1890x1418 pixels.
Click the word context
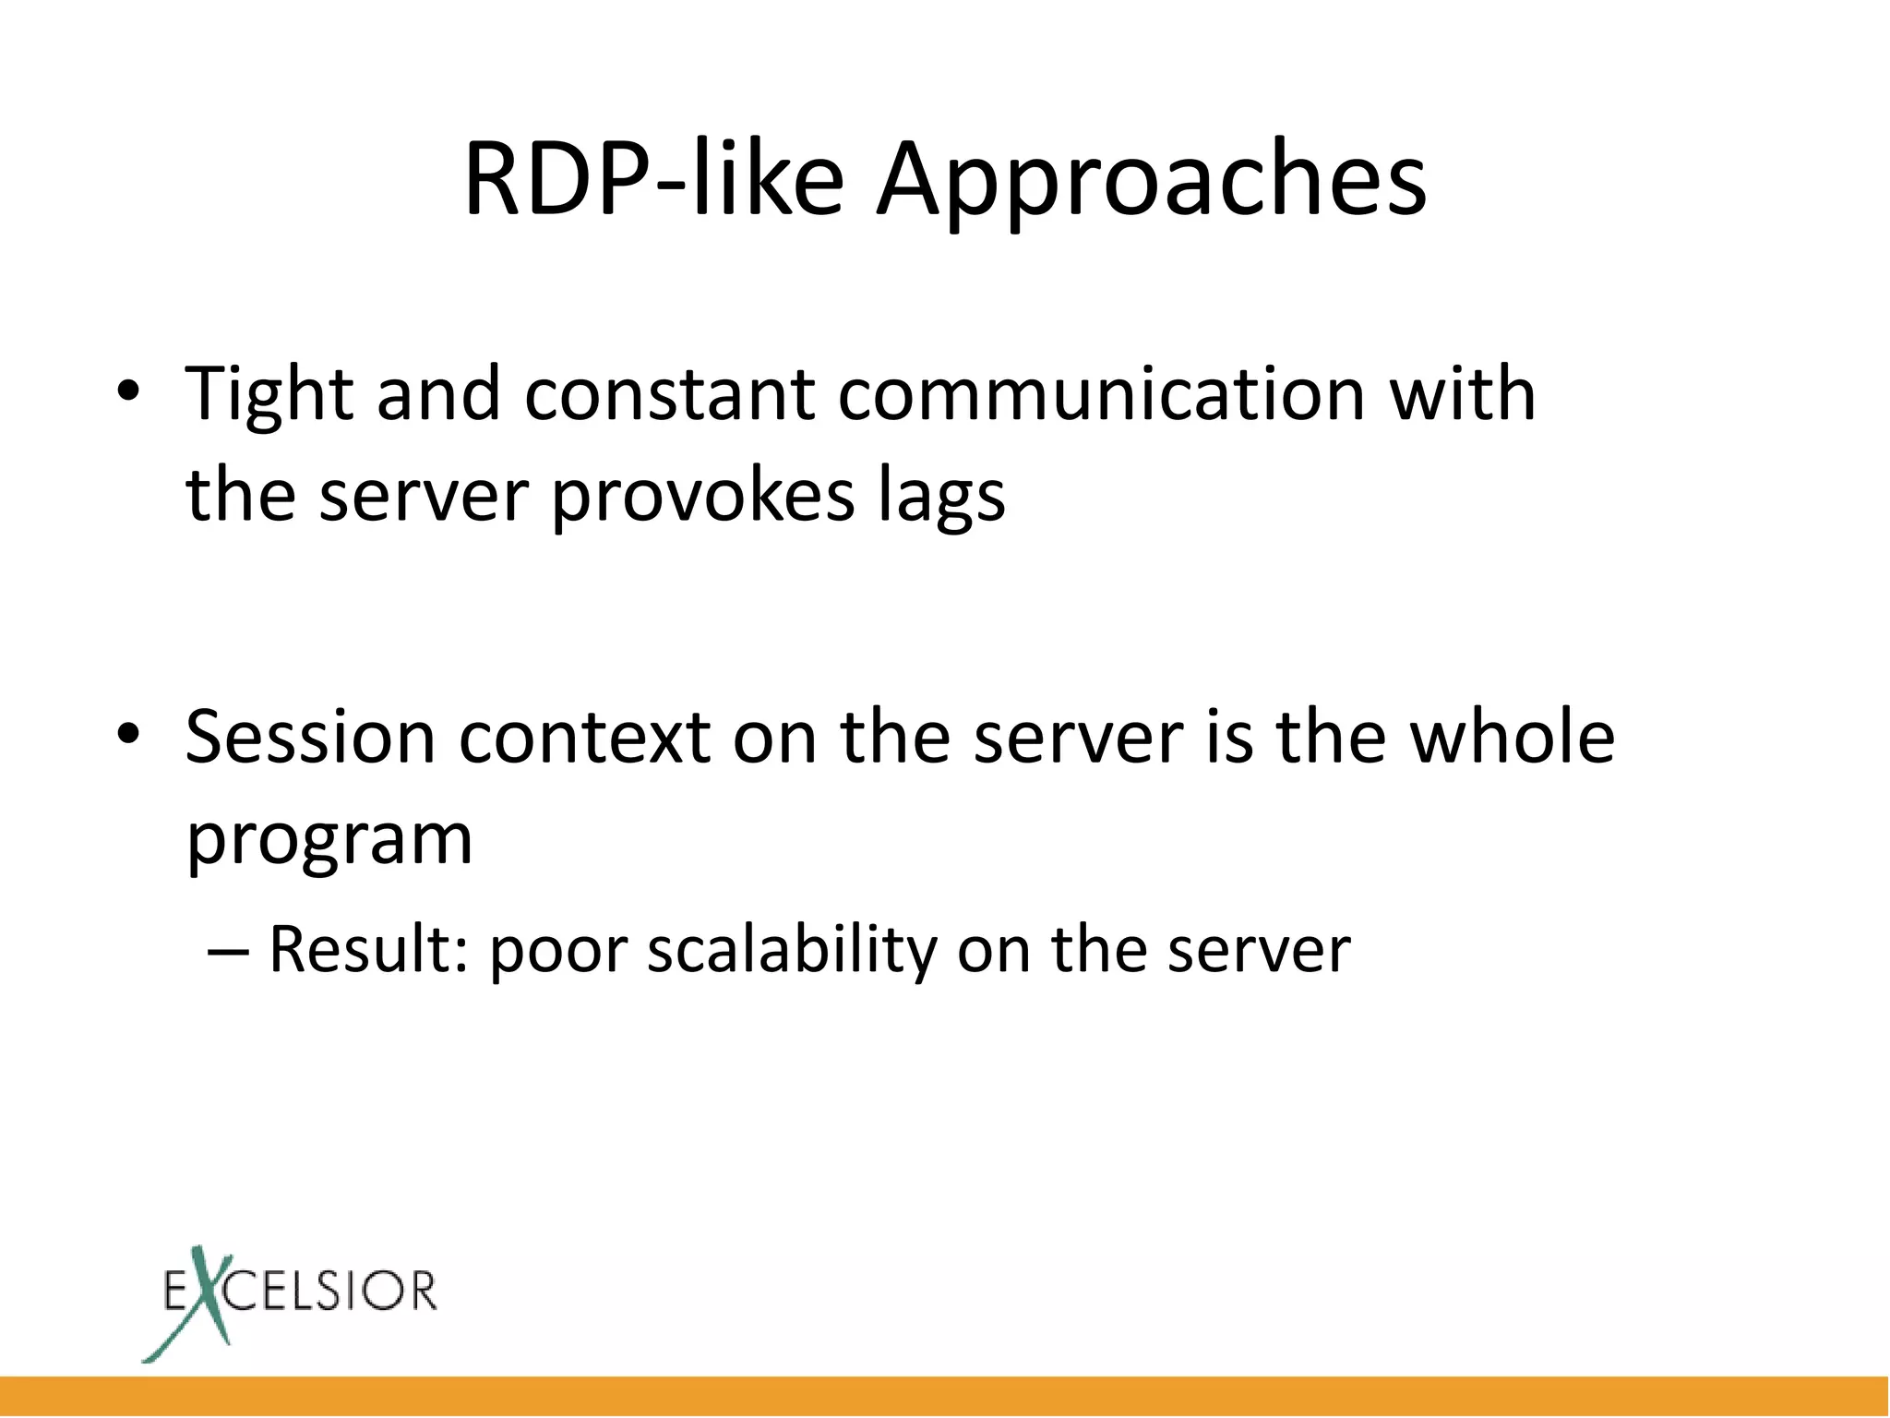point(585,739)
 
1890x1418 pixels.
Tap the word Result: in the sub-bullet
point(368,950)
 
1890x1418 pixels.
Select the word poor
point(558,952)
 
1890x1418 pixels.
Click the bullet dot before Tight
point(128,395)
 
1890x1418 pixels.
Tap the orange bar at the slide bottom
point(945,1396)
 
